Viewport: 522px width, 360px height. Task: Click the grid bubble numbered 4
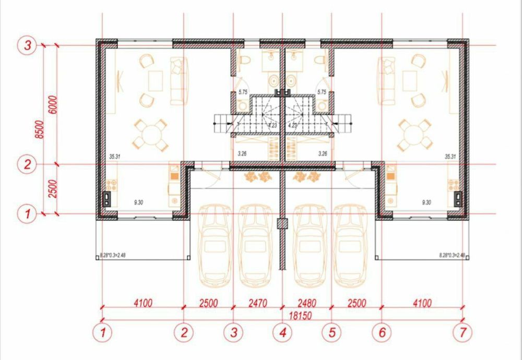(282, 331)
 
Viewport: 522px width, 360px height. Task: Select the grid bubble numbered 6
(381, 331)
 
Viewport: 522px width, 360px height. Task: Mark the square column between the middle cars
(282, 223)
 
